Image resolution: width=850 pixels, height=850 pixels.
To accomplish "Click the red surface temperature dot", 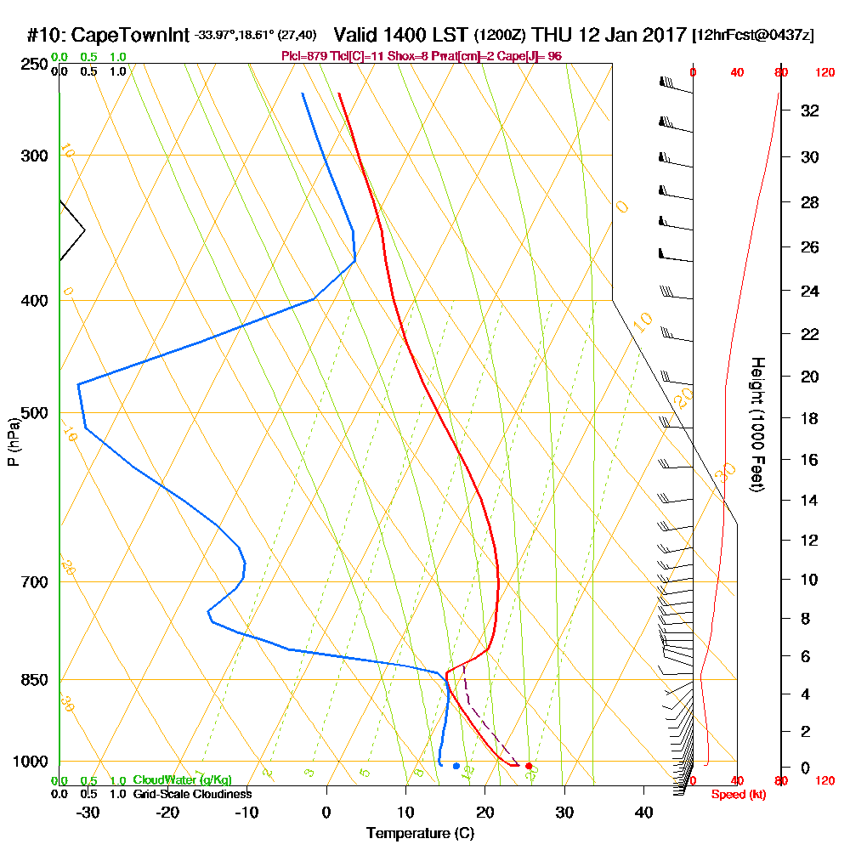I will tap(529, 767).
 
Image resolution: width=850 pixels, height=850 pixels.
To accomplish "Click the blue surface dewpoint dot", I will tap(456, 767).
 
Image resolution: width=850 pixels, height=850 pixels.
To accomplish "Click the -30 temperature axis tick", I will tap(88, 812).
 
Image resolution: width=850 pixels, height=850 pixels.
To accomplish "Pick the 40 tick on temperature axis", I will tap(643, 812).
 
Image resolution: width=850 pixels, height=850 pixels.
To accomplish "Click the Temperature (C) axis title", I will tap(420, 834).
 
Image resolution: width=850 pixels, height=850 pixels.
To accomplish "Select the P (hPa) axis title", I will tap(13, 442).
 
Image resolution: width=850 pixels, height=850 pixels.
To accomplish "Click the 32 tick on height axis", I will tap(809, 110).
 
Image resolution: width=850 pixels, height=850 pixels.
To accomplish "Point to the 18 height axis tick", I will tap(809, 418).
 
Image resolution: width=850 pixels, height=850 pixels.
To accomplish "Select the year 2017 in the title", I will tap(661, 36).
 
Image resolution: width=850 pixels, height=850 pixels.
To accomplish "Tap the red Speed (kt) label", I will tap(739, 794).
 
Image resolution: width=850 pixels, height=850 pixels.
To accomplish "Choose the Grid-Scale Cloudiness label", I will tap(192, 794).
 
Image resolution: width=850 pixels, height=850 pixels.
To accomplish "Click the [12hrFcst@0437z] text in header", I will tap(753, 36).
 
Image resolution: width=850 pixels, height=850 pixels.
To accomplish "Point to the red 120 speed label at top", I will tap(824, 73).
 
